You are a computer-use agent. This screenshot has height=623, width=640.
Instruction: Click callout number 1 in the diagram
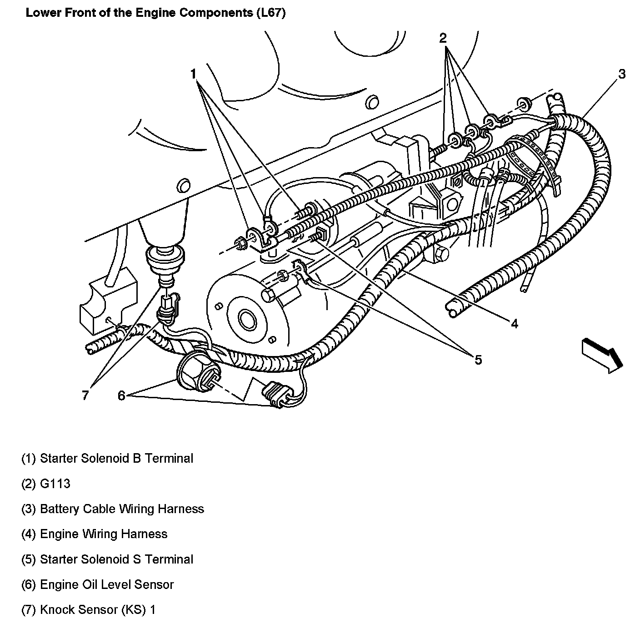click(194, 74)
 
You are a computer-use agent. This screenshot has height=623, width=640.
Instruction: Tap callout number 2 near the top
click(443, 38)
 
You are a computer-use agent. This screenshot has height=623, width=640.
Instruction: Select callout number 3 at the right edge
click(621, 74)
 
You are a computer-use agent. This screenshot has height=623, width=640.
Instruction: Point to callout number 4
click(514, 323)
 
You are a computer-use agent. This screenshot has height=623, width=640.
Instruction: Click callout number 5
click(478, 360)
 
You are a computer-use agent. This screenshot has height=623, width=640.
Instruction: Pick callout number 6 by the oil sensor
click(121, 396)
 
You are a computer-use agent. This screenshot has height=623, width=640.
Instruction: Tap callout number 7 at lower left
click(85, 396)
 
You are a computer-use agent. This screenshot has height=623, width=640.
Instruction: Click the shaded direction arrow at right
click(601, 354)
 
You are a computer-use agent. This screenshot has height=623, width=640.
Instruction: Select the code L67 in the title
click(270, 13)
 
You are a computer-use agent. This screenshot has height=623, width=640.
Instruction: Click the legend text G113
click(55, 483)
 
